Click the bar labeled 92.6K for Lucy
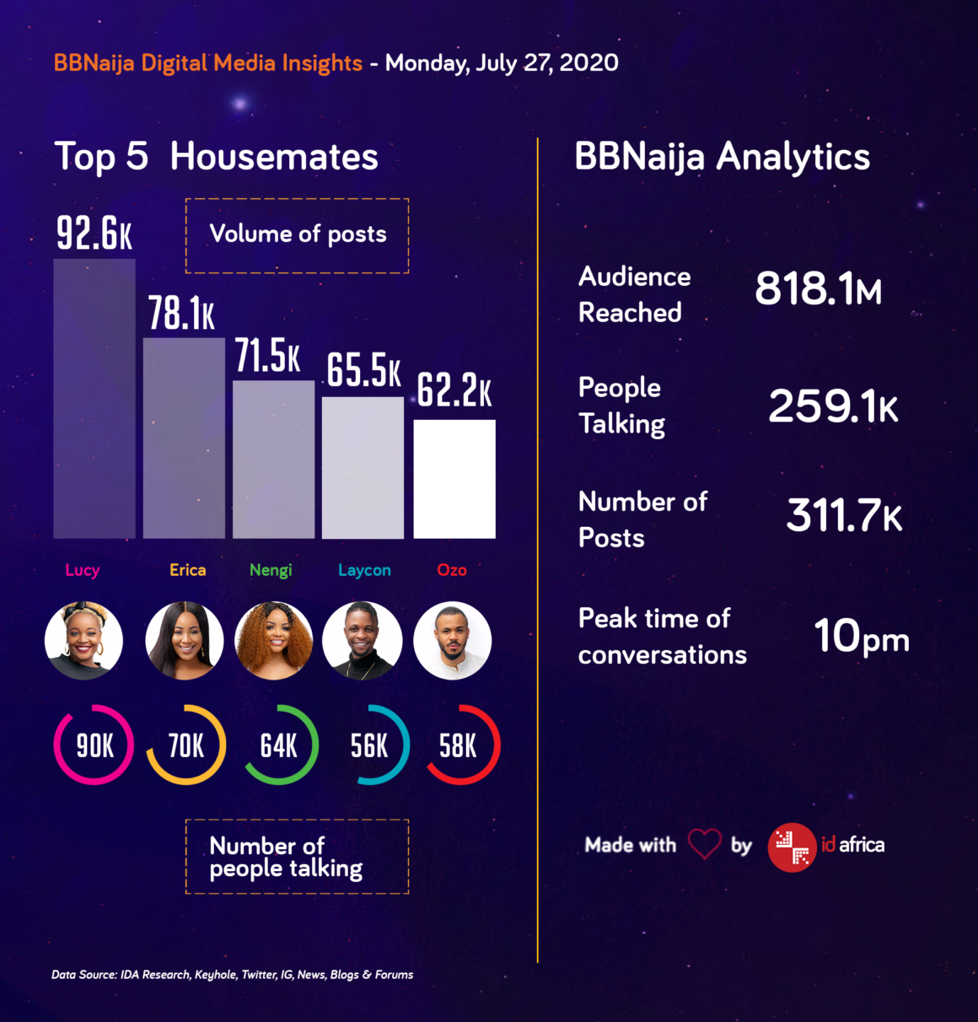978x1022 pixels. click(x=94, y=398)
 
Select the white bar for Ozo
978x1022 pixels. click(x=454, y=478)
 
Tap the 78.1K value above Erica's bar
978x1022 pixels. click(x=181, y=314)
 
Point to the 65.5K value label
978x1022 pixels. click(x=364, y=370)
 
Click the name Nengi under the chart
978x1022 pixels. click(x=271, y=570)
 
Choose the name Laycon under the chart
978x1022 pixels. click(x=364, y=570)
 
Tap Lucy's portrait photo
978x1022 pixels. click(x=83, y=641)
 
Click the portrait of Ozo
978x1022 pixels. click(x=453, y=641)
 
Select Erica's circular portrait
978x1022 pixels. click(x=185, y=641)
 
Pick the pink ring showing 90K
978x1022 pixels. click(x=94, y=745)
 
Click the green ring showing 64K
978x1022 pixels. click(x=279, y=745)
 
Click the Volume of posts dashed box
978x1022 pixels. click(x=298, y=235)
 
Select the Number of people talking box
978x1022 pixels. click(x=298, y=857)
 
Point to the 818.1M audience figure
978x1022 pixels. click(x=818, y=289)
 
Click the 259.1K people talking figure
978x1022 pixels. click(x=833, y=406)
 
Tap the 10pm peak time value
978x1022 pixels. click(x=861, y=637)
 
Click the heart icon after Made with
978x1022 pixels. click(x=704, y=844)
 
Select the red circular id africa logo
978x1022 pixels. click(x=792, y=847)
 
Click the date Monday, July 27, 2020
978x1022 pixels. click(x=502, y=63)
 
